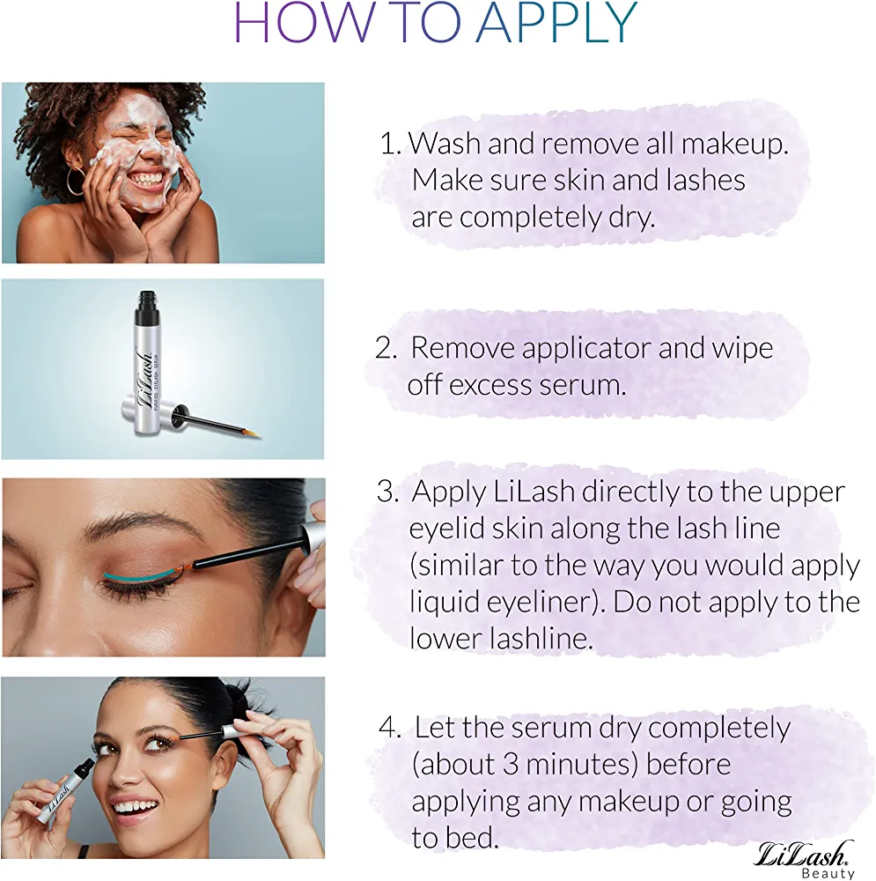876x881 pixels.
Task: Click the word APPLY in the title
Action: tap(556, 23)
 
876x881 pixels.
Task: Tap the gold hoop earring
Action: tap(75, 181)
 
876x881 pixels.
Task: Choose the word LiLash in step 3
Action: tap(534, 492)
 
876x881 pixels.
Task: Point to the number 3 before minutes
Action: tap(510, 765)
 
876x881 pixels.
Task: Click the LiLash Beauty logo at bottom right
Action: tap(802, 859)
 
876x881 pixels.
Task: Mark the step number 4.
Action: tap(388, 729)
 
